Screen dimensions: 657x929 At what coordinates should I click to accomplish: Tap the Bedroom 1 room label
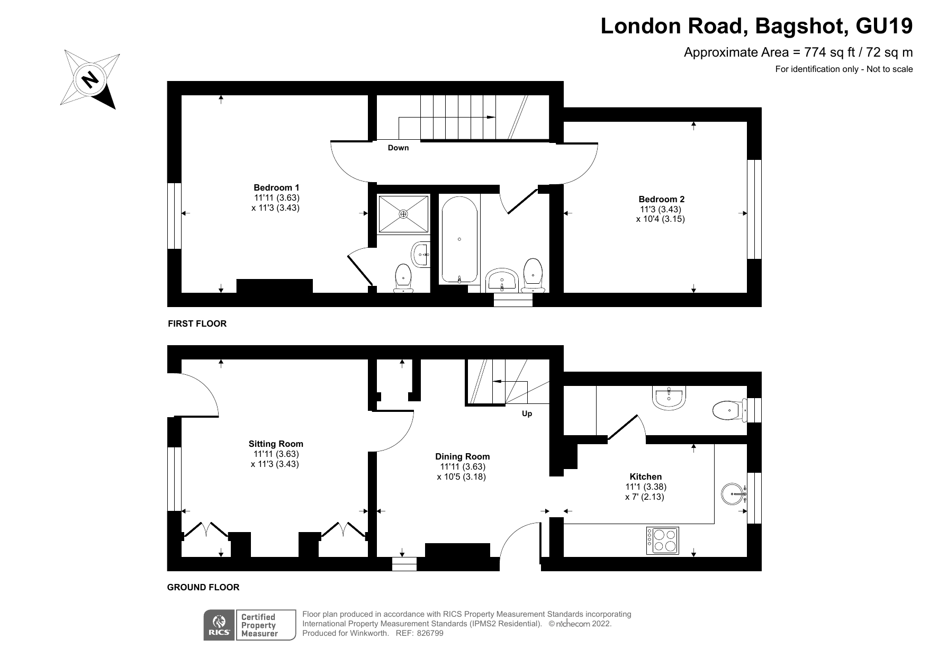pyautogui.click(x=276, y=187)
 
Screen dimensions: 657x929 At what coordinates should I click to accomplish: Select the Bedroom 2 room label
pyautogui.click(x=661, y=199)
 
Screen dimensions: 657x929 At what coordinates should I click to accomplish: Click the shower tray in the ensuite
pyautogui.click(x=403, y=214)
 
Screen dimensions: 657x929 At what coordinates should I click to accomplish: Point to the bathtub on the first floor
pyautogui.click(x=459, y=239)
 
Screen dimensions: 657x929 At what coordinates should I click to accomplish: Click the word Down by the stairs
pyautogui.click(x=398, y=148)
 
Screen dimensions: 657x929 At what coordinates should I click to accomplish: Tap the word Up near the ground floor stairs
pyautogui.click(x=527, y=413)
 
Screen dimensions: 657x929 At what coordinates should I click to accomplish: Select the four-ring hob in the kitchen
pyautogui.click(x=662, y=541)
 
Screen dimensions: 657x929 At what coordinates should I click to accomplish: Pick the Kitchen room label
pyautogui.click(x=645, y=476)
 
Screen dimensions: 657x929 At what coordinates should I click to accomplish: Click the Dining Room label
pyautogui.click(x=462, y=456)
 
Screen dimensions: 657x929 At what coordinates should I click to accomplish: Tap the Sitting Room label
pyautogui.click(x=276, y=444)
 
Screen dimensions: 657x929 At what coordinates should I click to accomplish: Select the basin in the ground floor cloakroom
pyautogui.click(x=670, y=398)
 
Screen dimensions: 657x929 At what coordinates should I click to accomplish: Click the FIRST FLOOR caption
pyautogui.click(x=197, y=323)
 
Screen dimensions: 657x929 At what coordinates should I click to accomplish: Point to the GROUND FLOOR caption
pyautogui.click(x=203, y=587)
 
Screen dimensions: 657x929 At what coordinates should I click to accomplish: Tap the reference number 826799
pyautogui.click(x=430, y=633)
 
